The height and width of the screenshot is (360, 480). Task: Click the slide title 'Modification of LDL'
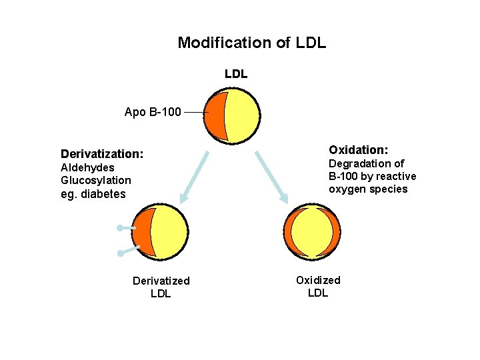click(251, 43)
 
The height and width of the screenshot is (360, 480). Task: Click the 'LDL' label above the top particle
click(236, 74)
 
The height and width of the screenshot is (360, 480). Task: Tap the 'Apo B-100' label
click(152, 112)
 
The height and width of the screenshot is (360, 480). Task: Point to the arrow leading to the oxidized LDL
click(271, 177)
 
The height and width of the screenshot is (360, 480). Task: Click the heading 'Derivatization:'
click(101, 153)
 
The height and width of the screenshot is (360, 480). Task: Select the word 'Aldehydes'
click(87, 167)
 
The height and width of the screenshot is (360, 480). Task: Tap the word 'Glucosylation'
click(96, 180)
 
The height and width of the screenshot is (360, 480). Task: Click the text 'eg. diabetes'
click(93, 194)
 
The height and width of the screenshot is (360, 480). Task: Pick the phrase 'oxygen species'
click(367, 189)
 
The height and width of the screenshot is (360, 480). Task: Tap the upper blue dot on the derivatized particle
click(119, 228)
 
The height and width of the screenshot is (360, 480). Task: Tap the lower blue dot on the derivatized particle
click(119, 253)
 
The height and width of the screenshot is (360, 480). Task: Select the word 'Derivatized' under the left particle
click(161, 281)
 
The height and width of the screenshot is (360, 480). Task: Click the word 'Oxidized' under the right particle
click(318, 280)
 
